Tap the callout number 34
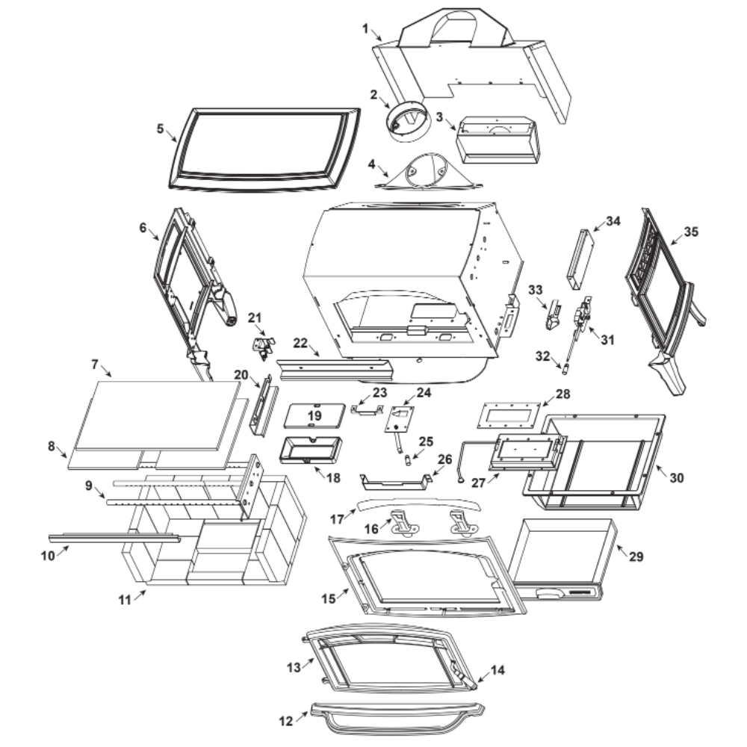(613, 221)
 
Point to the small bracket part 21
(262, 345)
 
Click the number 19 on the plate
(314, 415)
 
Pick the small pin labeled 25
(409, 460)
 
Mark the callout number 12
(285, 722)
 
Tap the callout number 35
(691, 232)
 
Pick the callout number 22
(300, 342)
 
